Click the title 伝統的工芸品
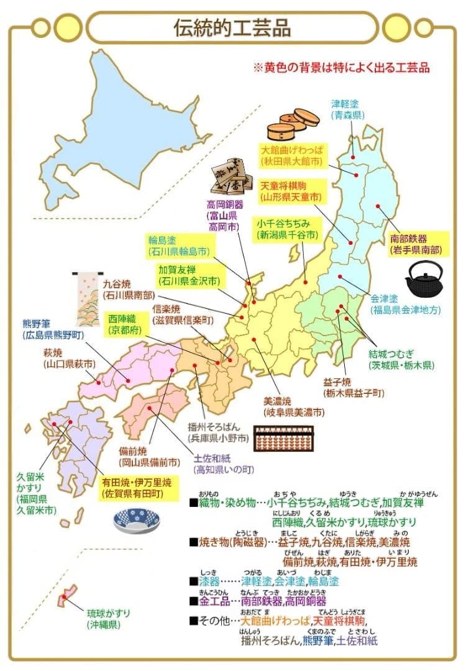232,27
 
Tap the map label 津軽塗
349,104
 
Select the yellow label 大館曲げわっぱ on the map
291,150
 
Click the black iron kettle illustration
425,279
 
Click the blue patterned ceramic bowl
137,521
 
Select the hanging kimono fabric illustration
86,299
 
